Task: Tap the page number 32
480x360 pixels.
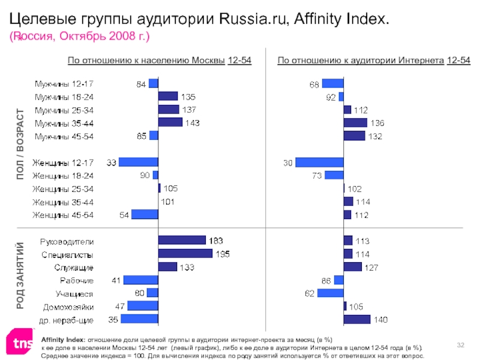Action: (461, 344)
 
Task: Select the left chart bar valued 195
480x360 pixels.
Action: (185, 253)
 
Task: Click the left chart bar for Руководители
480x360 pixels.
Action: (182, 241)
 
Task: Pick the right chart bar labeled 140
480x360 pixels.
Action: (356, 319)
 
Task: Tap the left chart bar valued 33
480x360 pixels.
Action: (139, 162)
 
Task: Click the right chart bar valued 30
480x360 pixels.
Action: (319, 162)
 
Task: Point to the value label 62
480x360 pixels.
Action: (310, 293)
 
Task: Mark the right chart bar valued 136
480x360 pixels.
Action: (355, 122)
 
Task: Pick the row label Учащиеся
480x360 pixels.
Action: (74, 293)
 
